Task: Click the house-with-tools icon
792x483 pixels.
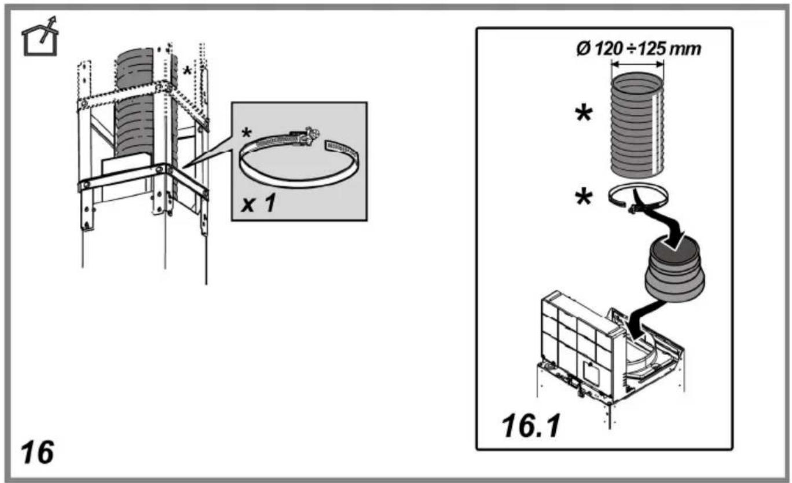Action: tap(40, 36)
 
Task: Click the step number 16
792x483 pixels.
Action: tap(38, 452)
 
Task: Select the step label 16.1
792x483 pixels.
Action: tap(531, 426)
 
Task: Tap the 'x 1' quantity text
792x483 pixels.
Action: tap(258, 204)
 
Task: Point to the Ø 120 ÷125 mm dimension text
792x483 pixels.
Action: tap(639, 49)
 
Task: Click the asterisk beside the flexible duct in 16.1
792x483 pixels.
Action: tap(584, 114)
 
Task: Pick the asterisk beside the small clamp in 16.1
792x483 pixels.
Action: tap(584, 197)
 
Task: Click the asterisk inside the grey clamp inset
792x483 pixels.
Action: tap(247, 133)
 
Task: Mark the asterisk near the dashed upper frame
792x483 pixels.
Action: tap(187, 71)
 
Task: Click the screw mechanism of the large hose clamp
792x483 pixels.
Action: tap(306, 136)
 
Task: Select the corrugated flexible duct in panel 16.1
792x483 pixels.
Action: tap(637, 125)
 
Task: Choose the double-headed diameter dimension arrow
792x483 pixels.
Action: tap(637, 64)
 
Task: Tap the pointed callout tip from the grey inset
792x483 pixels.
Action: tap(182, 167)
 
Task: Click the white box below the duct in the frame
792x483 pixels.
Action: tap(124, 177)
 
